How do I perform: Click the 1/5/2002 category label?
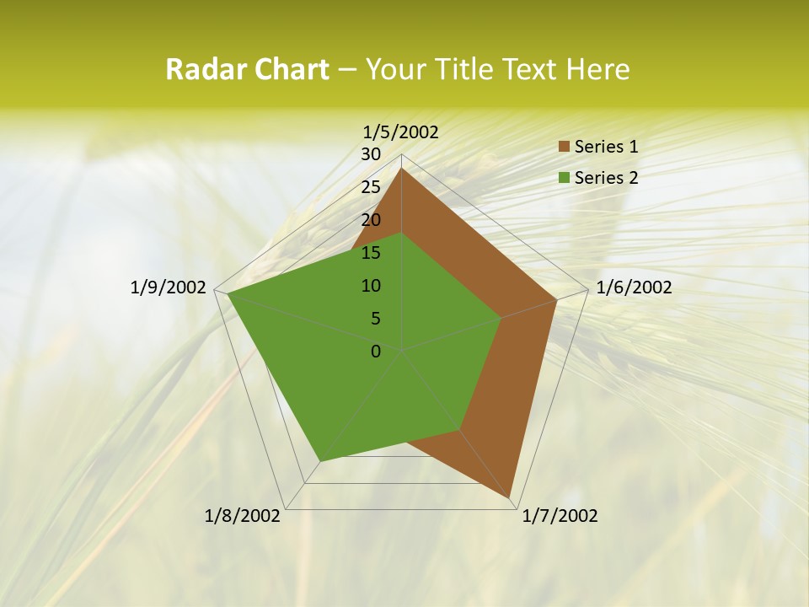(401, 132)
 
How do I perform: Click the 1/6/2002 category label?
(634, 287)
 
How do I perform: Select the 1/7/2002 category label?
(560, 516)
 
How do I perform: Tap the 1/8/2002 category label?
(243, 516)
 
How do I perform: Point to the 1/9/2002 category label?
(169, 287)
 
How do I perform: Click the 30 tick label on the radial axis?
(371, 154)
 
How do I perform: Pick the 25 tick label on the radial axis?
(371, 187)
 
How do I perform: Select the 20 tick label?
(371, 220)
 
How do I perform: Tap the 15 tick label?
(371, 253)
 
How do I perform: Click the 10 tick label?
(371, 286)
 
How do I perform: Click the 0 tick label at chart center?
(376, 352)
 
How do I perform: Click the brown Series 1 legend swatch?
(563, 148)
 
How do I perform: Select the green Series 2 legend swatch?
(563, 178)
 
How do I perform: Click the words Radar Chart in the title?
(247, 69)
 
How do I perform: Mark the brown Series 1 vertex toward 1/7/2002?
(512, 498)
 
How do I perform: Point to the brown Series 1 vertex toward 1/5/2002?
(402, 169)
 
